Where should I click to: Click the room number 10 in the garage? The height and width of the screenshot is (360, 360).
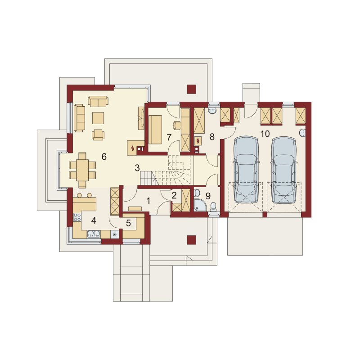265,133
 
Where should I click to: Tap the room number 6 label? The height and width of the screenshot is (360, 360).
104,157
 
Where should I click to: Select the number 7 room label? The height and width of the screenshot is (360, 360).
169,137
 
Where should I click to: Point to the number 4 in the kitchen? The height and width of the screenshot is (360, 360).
94,220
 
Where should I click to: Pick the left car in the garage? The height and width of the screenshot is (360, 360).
246,170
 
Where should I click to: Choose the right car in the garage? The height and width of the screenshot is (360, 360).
284,170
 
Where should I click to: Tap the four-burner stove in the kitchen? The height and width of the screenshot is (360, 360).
77,217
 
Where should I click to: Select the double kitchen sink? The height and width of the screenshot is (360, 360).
94,234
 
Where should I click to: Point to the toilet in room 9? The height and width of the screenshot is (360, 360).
213,207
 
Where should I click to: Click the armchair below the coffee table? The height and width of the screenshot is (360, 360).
98,135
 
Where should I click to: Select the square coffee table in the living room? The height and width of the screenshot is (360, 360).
98,118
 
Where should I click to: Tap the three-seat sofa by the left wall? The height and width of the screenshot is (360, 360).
79,118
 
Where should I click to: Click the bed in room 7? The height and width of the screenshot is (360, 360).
155,130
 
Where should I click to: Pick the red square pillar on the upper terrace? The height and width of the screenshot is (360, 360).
192,89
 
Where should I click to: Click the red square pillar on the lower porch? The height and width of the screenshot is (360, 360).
192,240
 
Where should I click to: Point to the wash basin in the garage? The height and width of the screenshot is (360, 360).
302,133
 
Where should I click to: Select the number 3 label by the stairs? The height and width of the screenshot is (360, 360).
137,168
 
